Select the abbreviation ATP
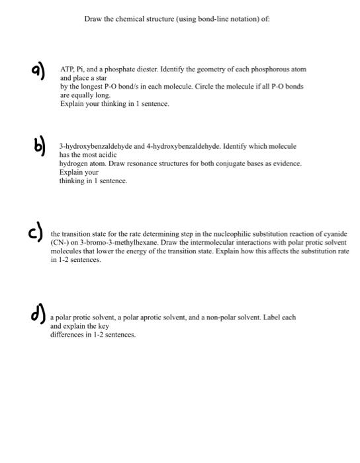[67, 69]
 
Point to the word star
[97, 77]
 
